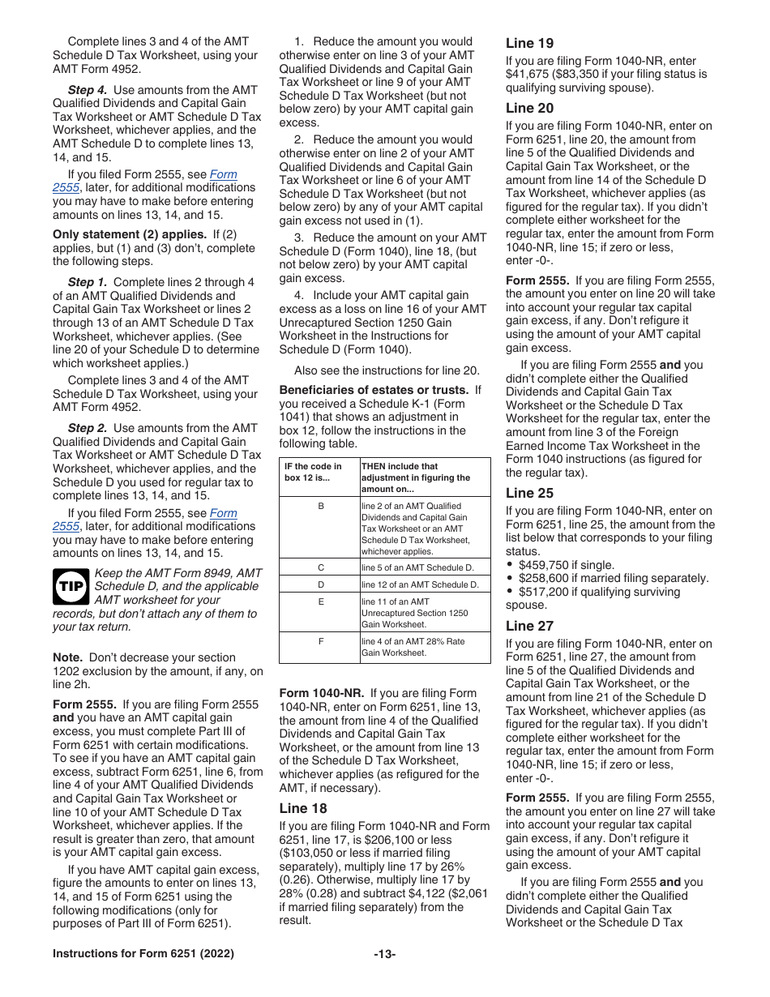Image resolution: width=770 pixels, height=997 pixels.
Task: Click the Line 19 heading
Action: pos(529,43)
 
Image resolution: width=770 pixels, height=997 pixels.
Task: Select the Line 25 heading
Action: pos(530,493)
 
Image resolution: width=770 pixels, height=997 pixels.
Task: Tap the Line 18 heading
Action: pos(303,808)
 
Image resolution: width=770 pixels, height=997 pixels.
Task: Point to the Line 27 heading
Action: pos(530,626)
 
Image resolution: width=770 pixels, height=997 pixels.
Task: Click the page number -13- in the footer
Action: pos(385,954)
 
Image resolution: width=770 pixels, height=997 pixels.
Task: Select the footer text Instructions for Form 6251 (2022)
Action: pos(143,954)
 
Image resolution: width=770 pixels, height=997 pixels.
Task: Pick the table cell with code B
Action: pos(319,506)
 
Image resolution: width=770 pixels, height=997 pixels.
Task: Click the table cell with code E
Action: pos(319,601)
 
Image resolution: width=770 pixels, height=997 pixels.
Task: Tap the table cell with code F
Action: pos(319,641)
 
